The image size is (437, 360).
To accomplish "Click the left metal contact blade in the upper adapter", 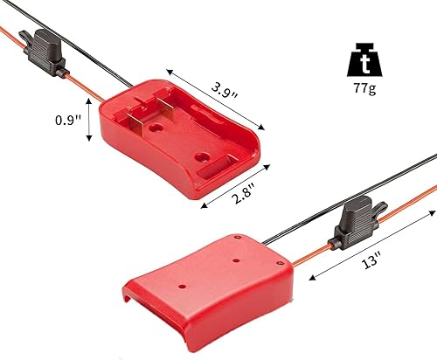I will pyautogui.click(x=132, y=117).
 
